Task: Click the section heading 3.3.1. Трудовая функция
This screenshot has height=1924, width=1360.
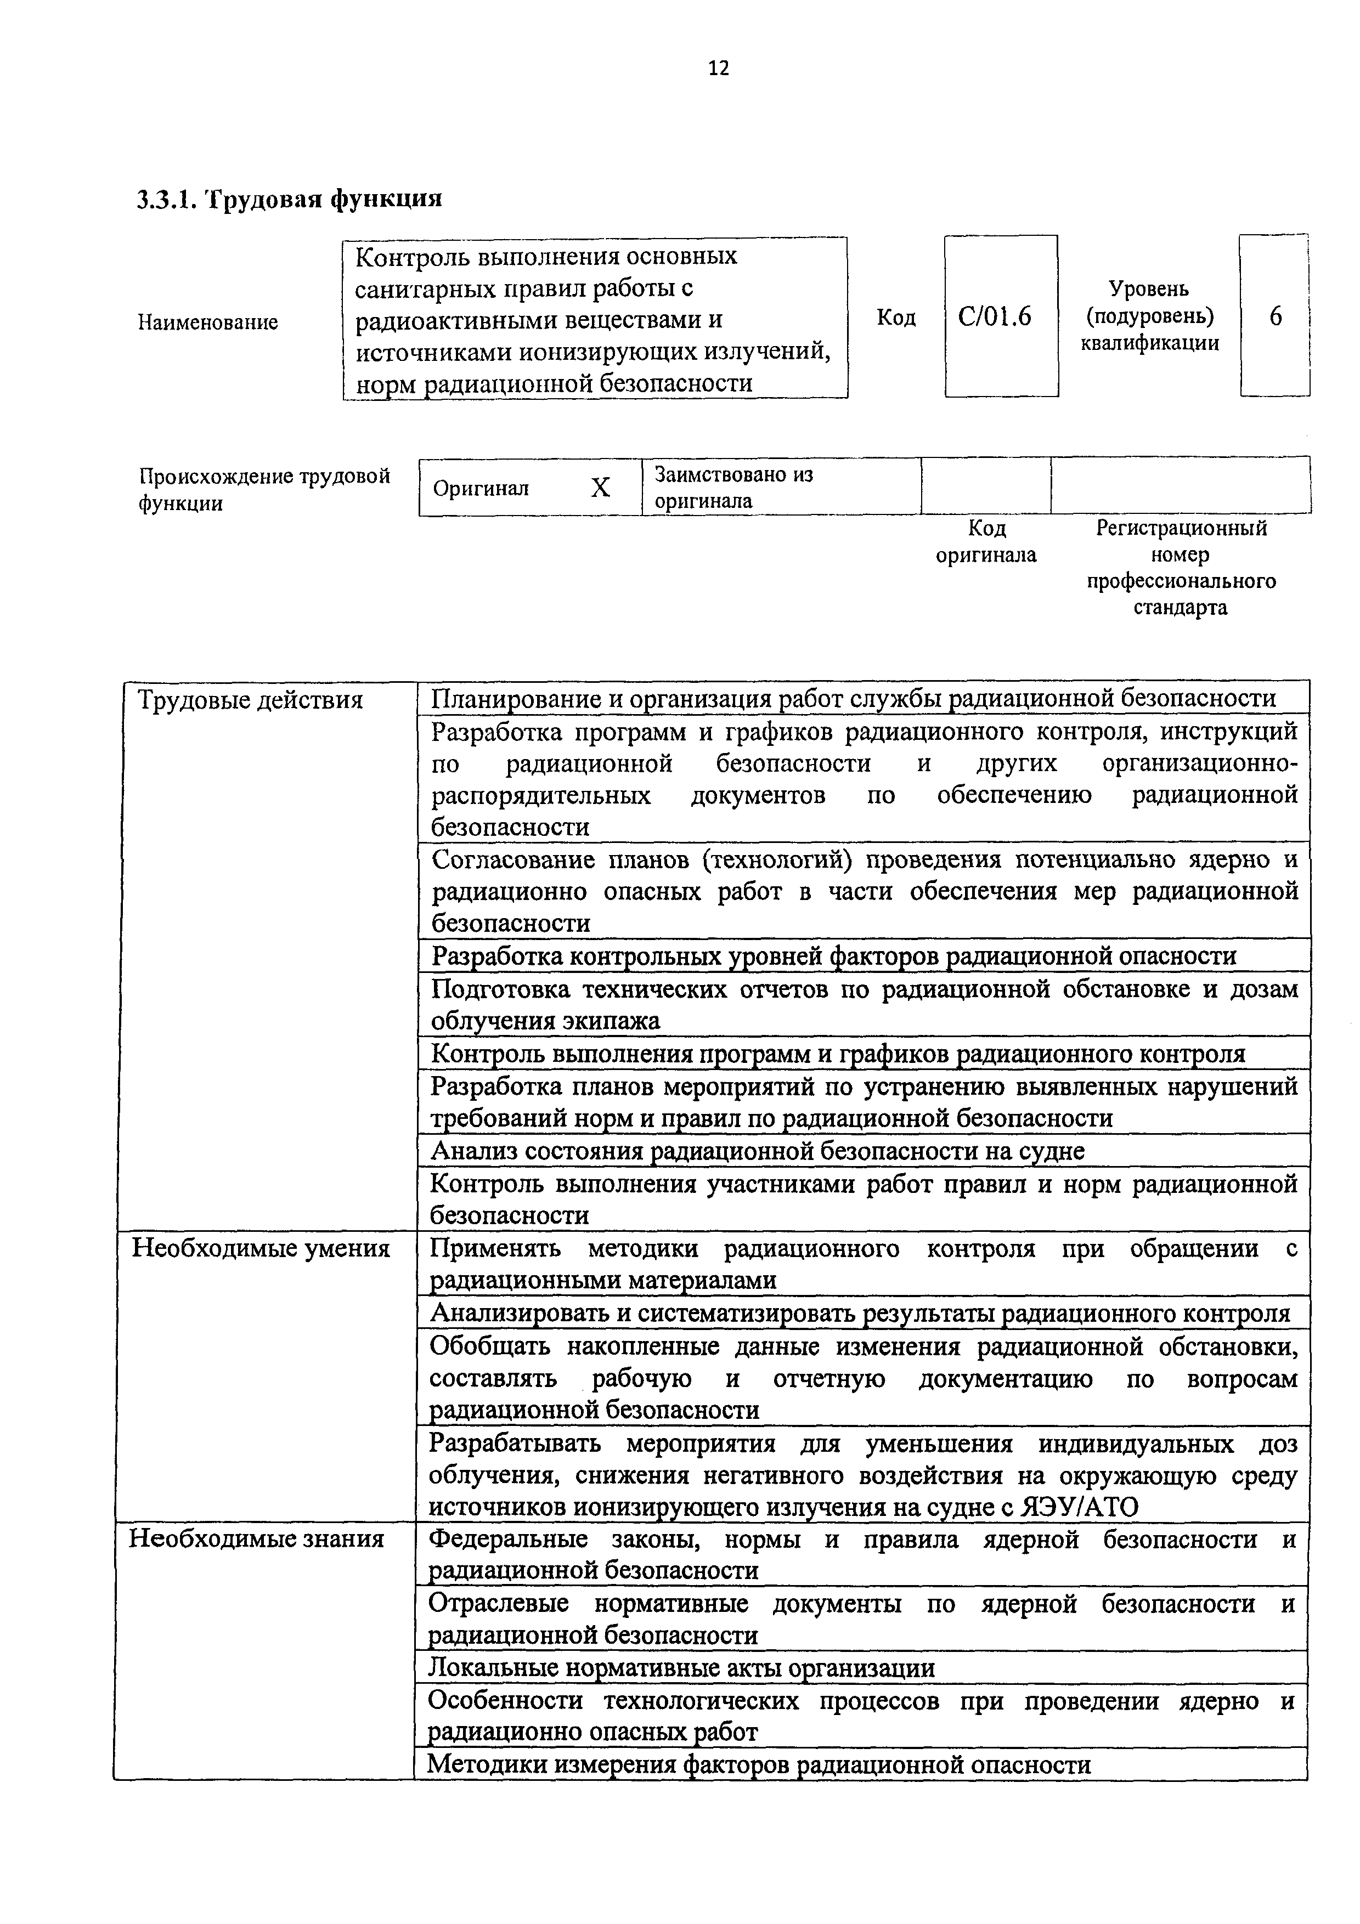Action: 289,200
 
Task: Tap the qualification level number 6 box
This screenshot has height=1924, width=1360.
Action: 1274,316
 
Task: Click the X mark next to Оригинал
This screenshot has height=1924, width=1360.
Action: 600,488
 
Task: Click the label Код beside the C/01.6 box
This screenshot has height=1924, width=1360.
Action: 896,318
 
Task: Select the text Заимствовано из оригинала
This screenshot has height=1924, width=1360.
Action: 733,488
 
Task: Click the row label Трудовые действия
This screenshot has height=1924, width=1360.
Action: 250,700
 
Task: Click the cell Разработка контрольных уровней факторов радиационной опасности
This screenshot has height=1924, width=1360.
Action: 834,956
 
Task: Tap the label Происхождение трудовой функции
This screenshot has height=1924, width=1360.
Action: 264,489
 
